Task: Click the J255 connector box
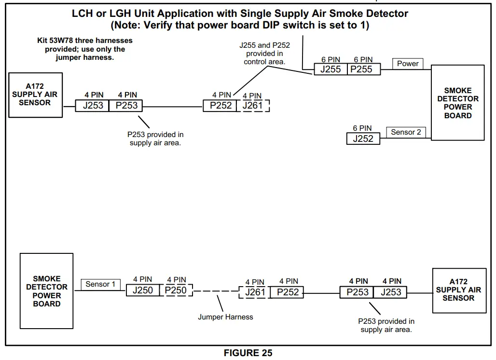click(331, 69)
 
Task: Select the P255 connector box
click(362, 69)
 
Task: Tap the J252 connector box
click(363, 138)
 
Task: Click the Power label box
click(408, 64)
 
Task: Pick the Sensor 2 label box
click(406, 132)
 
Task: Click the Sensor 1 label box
click(100, 284)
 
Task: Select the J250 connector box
click(143, 290)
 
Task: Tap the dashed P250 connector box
click(176, 290)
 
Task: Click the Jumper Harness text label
click(225, 317)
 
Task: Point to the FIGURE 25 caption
click(248, 353)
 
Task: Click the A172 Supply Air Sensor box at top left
click(35, 95)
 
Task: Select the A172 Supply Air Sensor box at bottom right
click(459, 290)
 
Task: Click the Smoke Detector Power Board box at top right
click(457, 103)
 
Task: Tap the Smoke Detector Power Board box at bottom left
click(47, 291)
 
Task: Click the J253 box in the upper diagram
click(93, 106)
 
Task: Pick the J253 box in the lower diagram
click(390, 292)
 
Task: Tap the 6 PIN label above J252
click(362, 128)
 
